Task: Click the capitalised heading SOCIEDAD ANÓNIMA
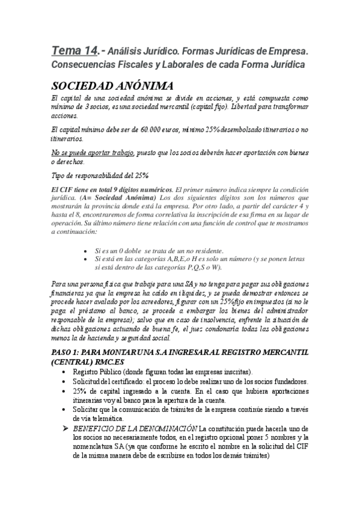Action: click(112, 85)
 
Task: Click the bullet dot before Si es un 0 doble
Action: click(89, 251)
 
